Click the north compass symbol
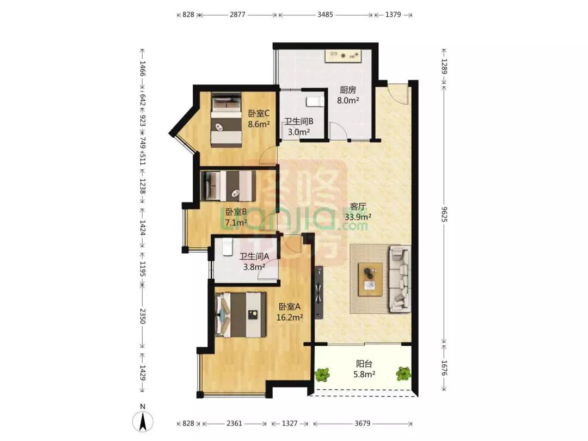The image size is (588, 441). pyautogui.click(x=143, y=421)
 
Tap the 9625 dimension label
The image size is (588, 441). pyautogui.click(x=444, y=214)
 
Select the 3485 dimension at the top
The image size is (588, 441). pyautogui.click(x=324, y=15)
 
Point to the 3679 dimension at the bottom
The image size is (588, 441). pyautogui.click(x=362, y=424)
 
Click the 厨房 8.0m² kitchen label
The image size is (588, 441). pyautogui.click(x=348, y=95)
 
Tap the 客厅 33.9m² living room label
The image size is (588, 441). pyautogui.click(x=358, y=211)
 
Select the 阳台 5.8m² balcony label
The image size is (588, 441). pyautogui.click(x=364, y=369)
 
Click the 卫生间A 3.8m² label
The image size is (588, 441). pyautogui.click(x=254, y=262)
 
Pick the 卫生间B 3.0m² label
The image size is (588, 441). pyautogui.click(x=298, y=126)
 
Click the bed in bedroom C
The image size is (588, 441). pyautogui.click(x=226, y=120)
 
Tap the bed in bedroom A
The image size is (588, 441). pyautogui.click(x=241, y=315)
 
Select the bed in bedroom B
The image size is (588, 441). pyautogui.click(x=228, y=186)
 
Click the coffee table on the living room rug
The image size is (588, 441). pyautogui.click(x=370, y=279)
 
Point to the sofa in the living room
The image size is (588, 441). pyautogui.click(x=400, y=279)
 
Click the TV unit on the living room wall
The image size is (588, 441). pyautogui.click(x=318, y=292)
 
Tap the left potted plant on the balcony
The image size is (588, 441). pyautogui.click(x=322, y=375)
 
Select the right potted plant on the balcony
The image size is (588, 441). pyautogui.click(x=403, y=374)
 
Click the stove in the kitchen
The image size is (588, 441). pyautogui.click(x=343, y=56)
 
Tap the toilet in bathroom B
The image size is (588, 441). pyautogui.click(x=315, y=102)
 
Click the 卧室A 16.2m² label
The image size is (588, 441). pyautogui.click(x=290, y=312)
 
